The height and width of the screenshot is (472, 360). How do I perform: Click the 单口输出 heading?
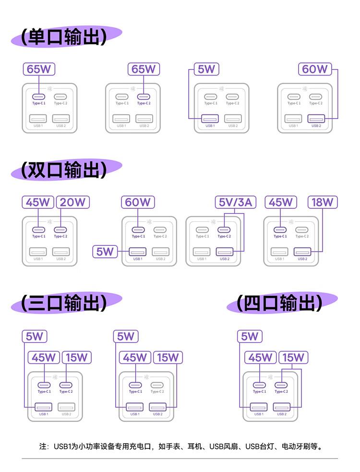click(x=64, y=36)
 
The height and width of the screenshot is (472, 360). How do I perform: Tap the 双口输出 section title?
click(x=64, y=170)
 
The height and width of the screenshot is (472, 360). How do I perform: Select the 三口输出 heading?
click(x=64, y=303)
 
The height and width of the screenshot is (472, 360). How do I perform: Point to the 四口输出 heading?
click(x=279, y=303)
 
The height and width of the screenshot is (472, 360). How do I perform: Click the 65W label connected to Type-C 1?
click(x=39, y=69)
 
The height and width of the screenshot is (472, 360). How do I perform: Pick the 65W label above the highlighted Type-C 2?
click(x=144, y=69)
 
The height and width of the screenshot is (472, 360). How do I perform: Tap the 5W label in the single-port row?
click(x=206, y=69)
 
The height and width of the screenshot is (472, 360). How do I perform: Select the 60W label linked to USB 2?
click(x=315, y=69)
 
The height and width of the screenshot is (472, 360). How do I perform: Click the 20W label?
click(x=72, y=202)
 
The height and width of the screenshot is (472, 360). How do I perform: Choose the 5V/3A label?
click(x=235, y=202)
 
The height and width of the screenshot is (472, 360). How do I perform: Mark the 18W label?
click(x=323, y=202)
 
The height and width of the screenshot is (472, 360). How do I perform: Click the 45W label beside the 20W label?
click(x=38, y=202)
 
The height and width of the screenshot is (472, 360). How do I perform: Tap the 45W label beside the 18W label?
click(x=281, y=202)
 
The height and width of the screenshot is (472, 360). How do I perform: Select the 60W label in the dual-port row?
click(x=138, y=202)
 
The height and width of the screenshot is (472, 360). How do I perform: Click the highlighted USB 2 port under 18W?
click(x=302, y=251)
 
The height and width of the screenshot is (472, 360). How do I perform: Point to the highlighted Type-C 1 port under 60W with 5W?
click(x=138, y=230)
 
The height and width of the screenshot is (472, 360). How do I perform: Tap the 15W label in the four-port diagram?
click(x=293, y=358)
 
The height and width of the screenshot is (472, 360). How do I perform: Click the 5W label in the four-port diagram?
click(x=250, y=336)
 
